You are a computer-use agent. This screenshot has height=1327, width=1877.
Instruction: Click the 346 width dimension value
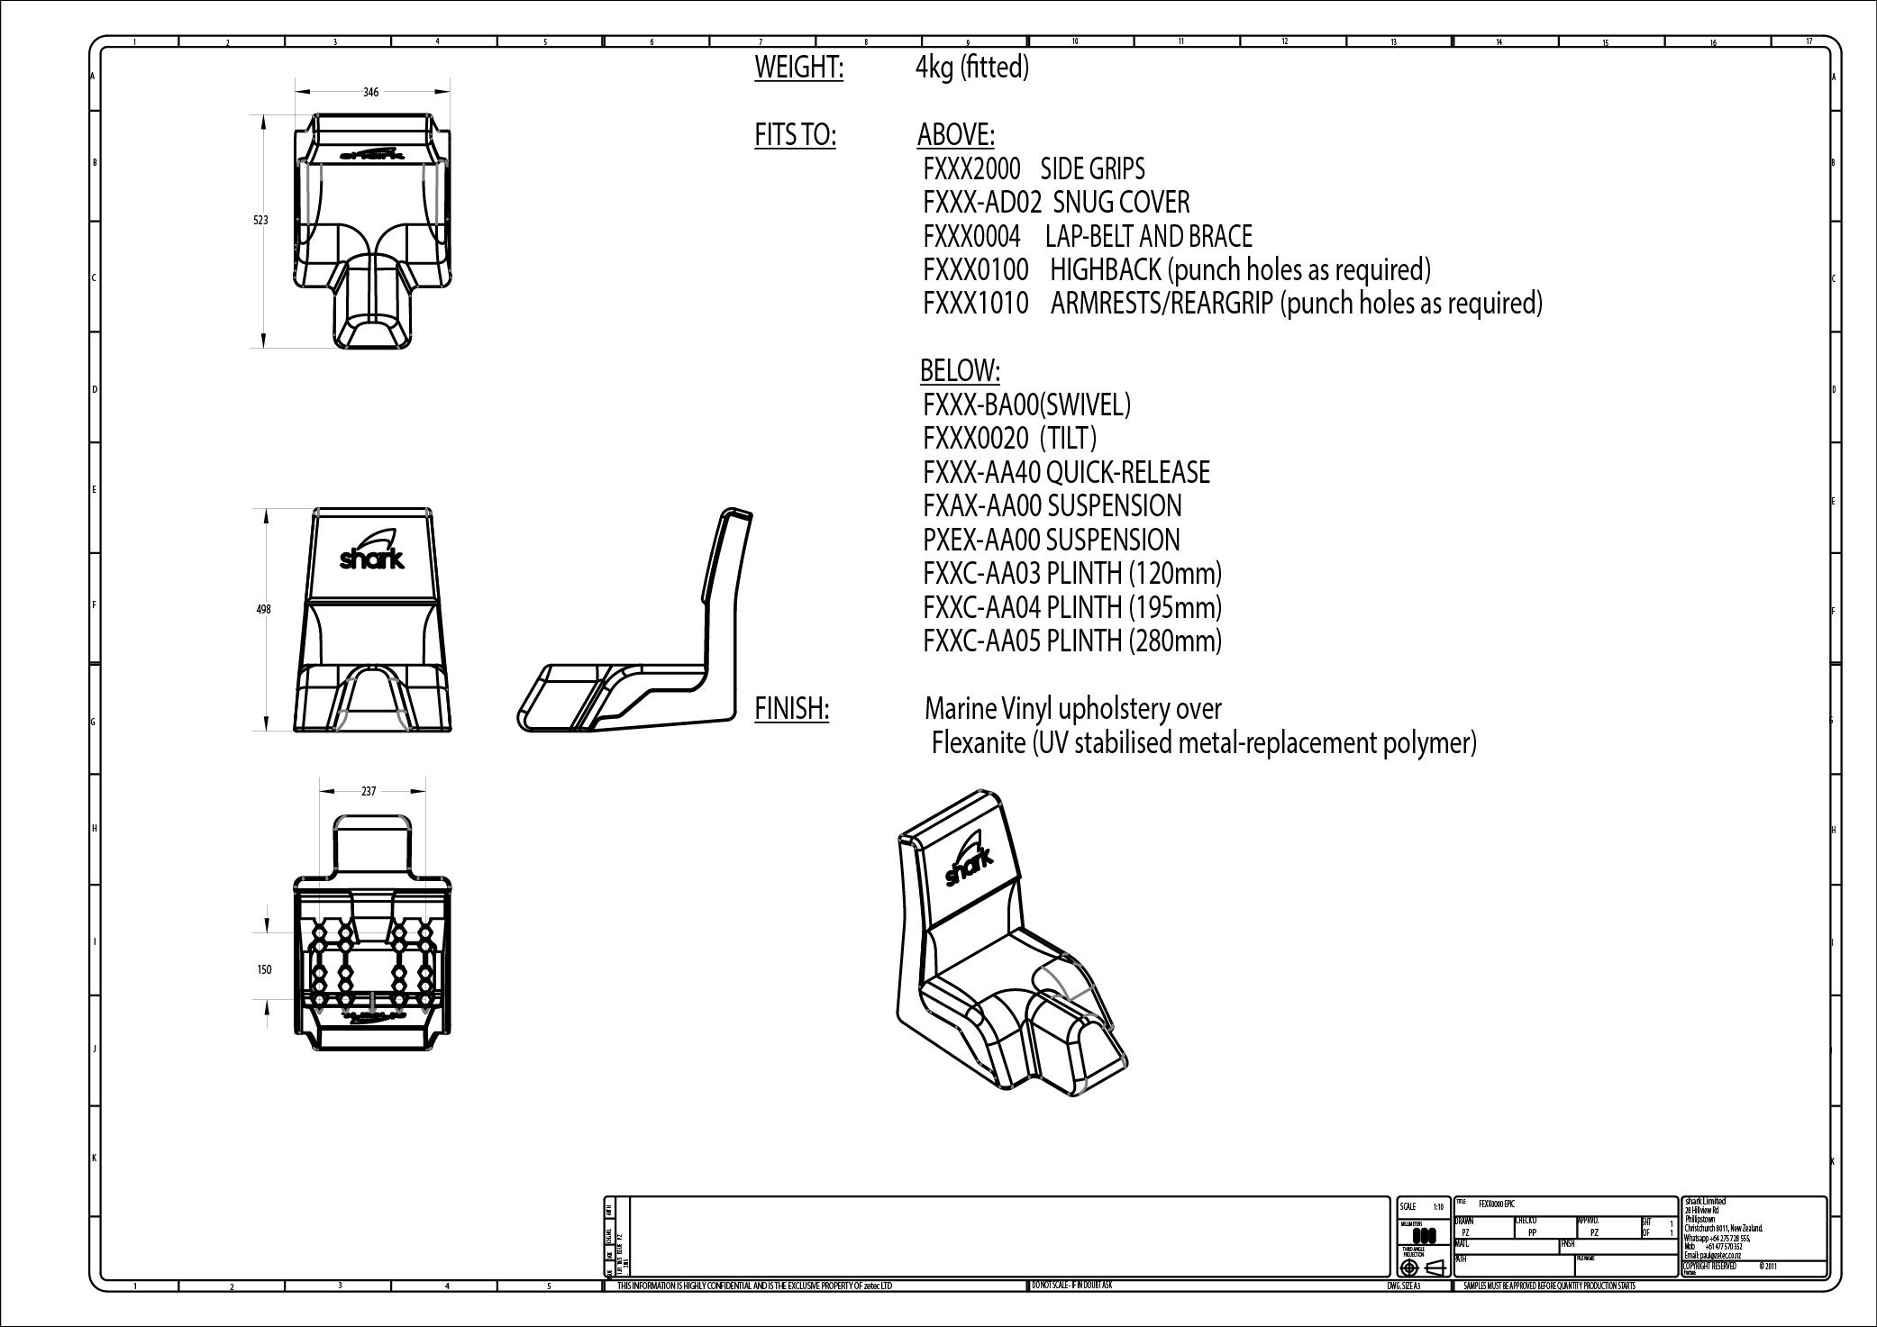[x=371, y=92]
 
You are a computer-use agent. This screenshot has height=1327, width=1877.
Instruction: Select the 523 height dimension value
[x=260, y=220]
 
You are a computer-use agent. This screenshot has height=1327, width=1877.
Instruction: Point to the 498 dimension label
[x=263, y=610]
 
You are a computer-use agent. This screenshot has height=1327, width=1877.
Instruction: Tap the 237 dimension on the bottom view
[x=369, y=791]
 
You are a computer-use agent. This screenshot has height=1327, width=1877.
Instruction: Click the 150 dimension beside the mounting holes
[x=264, y=969]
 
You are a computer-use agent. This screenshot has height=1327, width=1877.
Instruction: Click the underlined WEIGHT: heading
[x=798, y=68]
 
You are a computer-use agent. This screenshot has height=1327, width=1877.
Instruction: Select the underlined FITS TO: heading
[x=795, y=136]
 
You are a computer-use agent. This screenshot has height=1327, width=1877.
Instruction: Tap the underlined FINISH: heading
[x=791, y=710]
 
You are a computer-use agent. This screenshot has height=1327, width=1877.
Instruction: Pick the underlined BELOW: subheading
[x=960, y=370]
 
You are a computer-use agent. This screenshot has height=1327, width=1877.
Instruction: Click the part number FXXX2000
[x=971, y=169]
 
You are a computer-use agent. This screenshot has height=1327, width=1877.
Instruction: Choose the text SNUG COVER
[x=1121, y=203]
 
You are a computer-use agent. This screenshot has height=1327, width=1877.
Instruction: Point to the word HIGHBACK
[x=1105, y=269]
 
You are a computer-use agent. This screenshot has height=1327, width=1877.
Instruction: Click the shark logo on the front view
[x=372, y=552]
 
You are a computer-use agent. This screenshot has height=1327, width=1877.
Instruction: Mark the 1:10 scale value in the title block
[x=1438, y=1206]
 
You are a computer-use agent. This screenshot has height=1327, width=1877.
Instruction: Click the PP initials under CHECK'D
[x=1532, y=1232]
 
